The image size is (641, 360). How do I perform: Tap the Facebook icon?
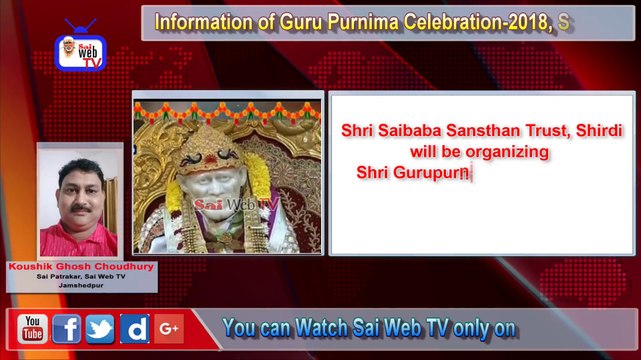click(66, 328)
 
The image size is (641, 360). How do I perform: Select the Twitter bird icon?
click(99, 328)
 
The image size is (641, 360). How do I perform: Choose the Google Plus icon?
click(167, 328)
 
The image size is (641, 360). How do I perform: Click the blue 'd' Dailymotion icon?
click(133, 328)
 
